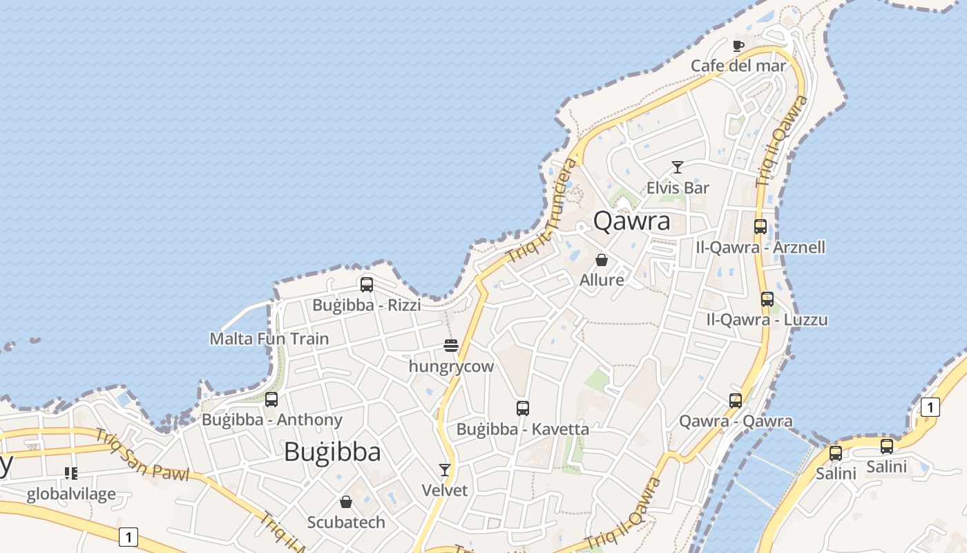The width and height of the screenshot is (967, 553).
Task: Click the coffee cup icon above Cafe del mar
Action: [738, 46]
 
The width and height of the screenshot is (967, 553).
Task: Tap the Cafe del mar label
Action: [738, 66]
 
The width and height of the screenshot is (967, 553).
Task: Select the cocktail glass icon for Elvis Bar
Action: [677, 167]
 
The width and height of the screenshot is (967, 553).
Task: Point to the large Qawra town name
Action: [631, 221]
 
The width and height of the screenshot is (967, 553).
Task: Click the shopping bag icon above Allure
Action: [602, 260]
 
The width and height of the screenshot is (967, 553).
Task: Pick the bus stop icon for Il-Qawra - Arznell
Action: [760, 227]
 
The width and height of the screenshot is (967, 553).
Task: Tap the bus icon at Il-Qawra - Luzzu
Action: [767, 299]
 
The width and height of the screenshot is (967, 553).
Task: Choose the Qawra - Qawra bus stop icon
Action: [736, 400]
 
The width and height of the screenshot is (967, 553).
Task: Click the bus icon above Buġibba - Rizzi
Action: [367, 284]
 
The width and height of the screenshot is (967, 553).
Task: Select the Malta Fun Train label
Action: [269, 339]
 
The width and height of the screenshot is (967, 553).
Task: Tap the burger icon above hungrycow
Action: [451, 345]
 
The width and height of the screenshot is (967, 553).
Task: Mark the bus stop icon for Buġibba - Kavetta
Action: [523, 409]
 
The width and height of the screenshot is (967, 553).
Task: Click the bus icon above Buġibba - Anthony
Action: [271, 400]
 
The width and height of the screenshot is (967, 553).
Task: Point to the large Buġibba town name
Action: [332, 452]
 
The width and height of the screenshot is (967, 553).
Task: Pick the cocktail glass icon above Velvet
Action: [445, 470]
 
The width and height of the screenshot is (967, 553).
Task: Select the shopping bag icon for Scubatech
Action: [346, 502]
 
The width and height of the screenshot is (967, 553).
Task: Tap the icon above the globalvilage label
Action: [70, 474]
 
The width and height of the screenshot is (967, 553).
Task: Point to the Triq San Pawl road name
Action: [142, 456]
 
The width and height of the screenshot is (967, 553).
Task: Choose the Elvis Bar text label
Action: [678, 187]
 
